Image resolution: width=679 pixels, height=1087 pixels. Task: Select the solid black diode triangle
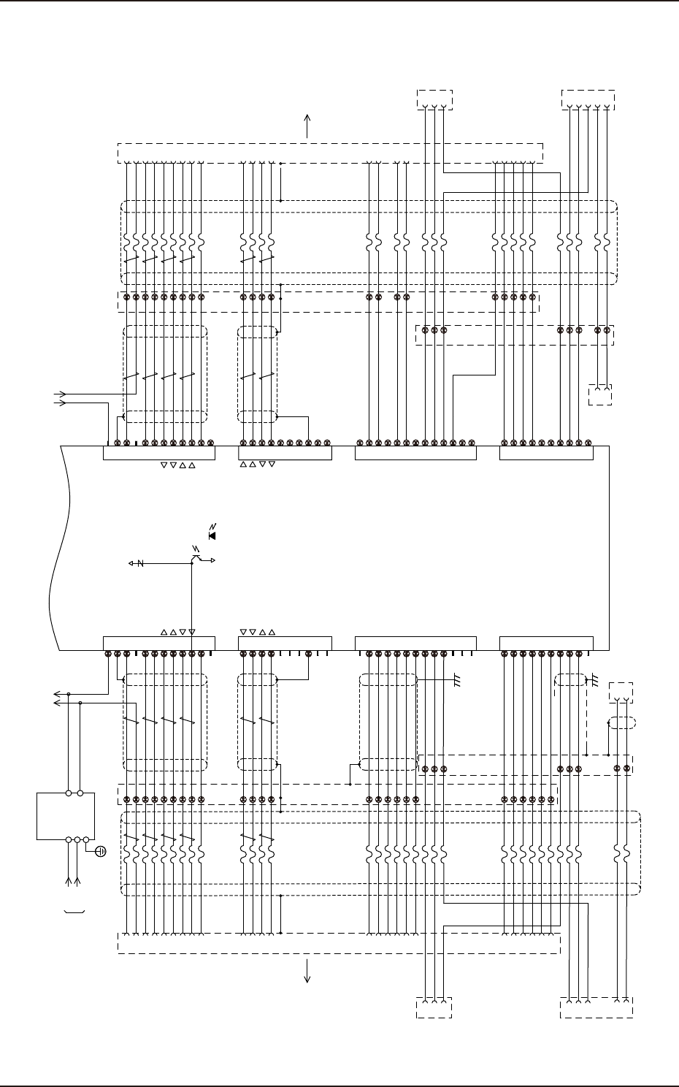212,535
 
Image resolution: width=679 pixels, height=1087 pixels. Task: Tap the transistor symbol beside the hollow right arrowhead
196,559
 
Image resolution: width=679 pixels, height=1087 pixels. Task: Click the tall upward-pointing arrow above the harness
307,125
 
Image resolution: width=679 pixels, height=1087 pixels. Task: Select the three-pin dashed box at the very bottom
434,1007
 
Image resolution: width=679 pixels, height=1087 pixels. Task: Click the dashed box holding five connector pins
596,1007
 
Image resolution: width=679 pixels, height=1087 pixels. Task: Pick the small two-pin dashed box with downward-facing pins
600,394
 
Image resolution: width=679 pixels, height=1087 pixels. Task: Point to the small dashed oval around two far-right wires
622,723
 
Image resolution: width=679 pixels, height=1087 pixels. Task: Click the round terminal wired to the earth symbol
86,840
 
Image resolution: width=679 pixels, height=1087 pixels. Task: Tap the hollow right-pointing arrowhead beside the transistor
212,560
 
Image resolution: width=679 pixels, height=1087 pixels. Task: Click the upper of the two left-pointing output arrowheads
55,693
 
